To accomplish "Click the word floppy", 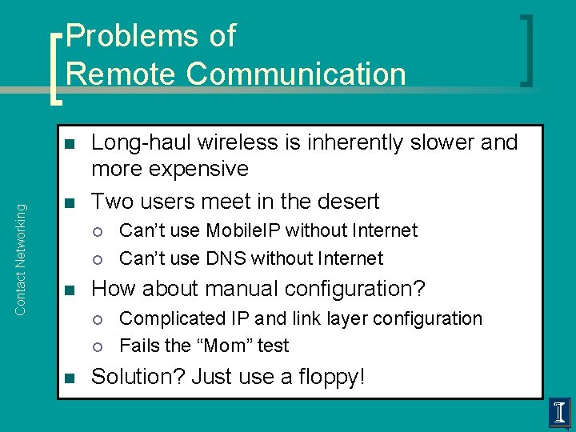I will (328, 377).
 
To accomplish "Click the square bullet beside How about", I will (70, 290).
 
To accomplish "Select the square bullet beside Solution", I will (70, 378).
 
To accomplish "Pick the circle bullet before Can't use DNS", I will (97, 259).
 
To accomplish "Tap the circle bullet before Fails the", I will (97, 346).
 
